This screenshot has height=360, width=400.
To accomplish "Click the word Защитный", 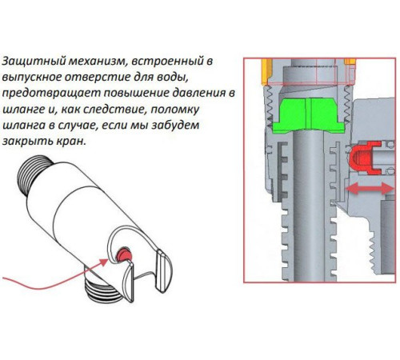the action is click(x=34, y=62).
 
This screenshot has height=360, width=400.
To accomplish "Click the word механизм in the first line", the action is click(x=96, y=62).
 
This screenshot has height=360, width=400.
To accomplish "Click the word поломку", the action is click(x=175, y=110).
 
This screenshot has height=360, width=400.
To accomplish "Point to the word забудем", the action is click(x=175, y=125).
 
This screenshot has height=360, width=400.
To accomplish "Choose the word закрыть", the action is click(x=27, y=142).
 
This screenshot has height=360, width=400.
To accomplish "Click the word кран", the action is click(x=71, y=142).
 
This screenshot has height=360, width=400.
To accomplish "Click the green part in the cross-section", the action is click(x=309, y=115).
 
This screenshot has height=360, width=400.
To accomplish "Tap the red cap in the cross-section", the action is click(x=365, y=158).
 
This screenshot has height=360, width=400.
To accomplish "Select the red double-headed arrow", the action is click(x=370, y=189).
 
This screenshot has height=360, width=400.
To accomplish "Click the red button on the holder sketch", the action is click(x=125, y=255).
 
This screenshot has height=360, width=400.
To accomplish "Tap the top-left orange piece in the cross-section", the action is click(x=266, y=72).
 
